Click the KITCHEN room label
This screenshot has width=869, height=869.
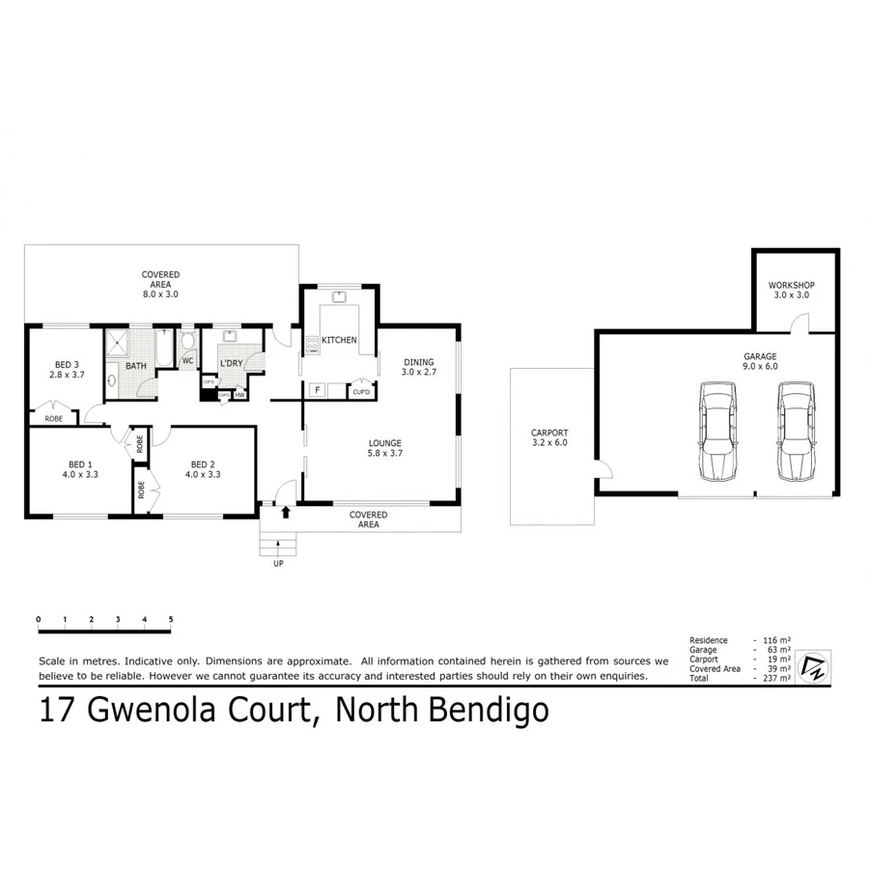click(x=339, y=340)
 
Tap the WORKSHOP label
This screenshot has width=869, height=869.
click(x=792, y=286)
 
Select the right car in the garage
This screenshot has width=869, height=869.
click(x=798, y=431)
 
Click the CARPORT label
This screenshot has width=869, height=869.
click(x=549, y=433)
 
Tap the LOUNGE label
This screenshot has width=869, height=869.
click(x=383, y=444)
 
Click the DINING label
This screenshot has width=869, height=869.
click(x=419, y=361)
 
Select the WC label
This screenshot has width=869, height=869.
click(x=187, y=361)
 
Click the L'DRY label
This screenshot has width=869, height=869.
click(x=232, y=363)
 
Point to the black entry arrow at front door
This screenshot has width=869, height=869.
click(x=285, y=512)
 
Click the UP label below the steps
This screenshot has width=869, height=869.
click(x=278, y=563)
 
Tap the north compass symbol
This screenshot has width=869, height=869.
click(x=811, y=665)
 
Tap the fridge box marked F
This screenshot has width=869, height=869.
click(x=317, y=390)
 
